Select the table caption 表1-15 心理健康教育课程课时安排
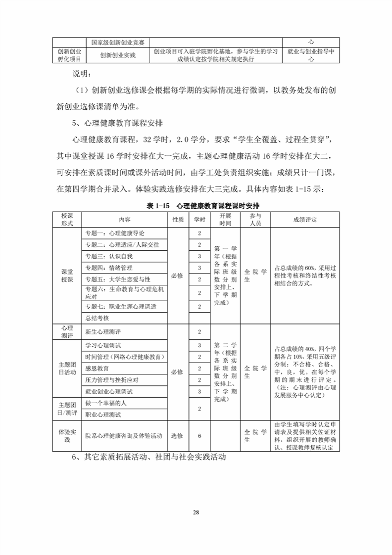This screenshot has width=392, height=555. coord(196,205)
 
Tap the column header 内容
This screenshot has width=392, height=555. coord(125,220)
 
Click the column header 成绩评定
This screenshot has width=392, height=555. coord(305,220)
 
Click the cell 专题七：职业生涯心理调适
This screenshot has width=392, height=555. coord(121,307)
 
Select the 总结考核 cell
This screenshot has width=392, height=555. coord(97,318)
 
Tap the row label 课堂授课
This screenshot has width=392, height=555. coord(67,276)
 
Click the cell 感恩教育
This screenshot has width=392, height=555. coord(97,369)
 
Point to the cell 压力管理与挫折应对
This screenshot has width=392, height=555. coord(112,380)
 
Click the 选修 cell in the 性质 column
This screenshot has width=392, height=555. coord(177,436)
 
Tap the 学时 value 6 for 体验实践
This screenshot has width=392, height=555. coord(199,436)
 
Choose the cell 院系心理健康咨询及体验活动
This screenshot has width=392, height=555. coord(124,436)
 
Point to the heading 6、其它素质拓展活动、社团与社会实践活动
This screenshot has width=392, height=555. coord(149,458)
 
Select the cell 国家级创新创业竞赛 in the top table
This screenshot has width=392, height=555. coord(118,43)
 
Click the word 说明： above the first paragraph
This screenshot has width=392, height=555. coord(82,74)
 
